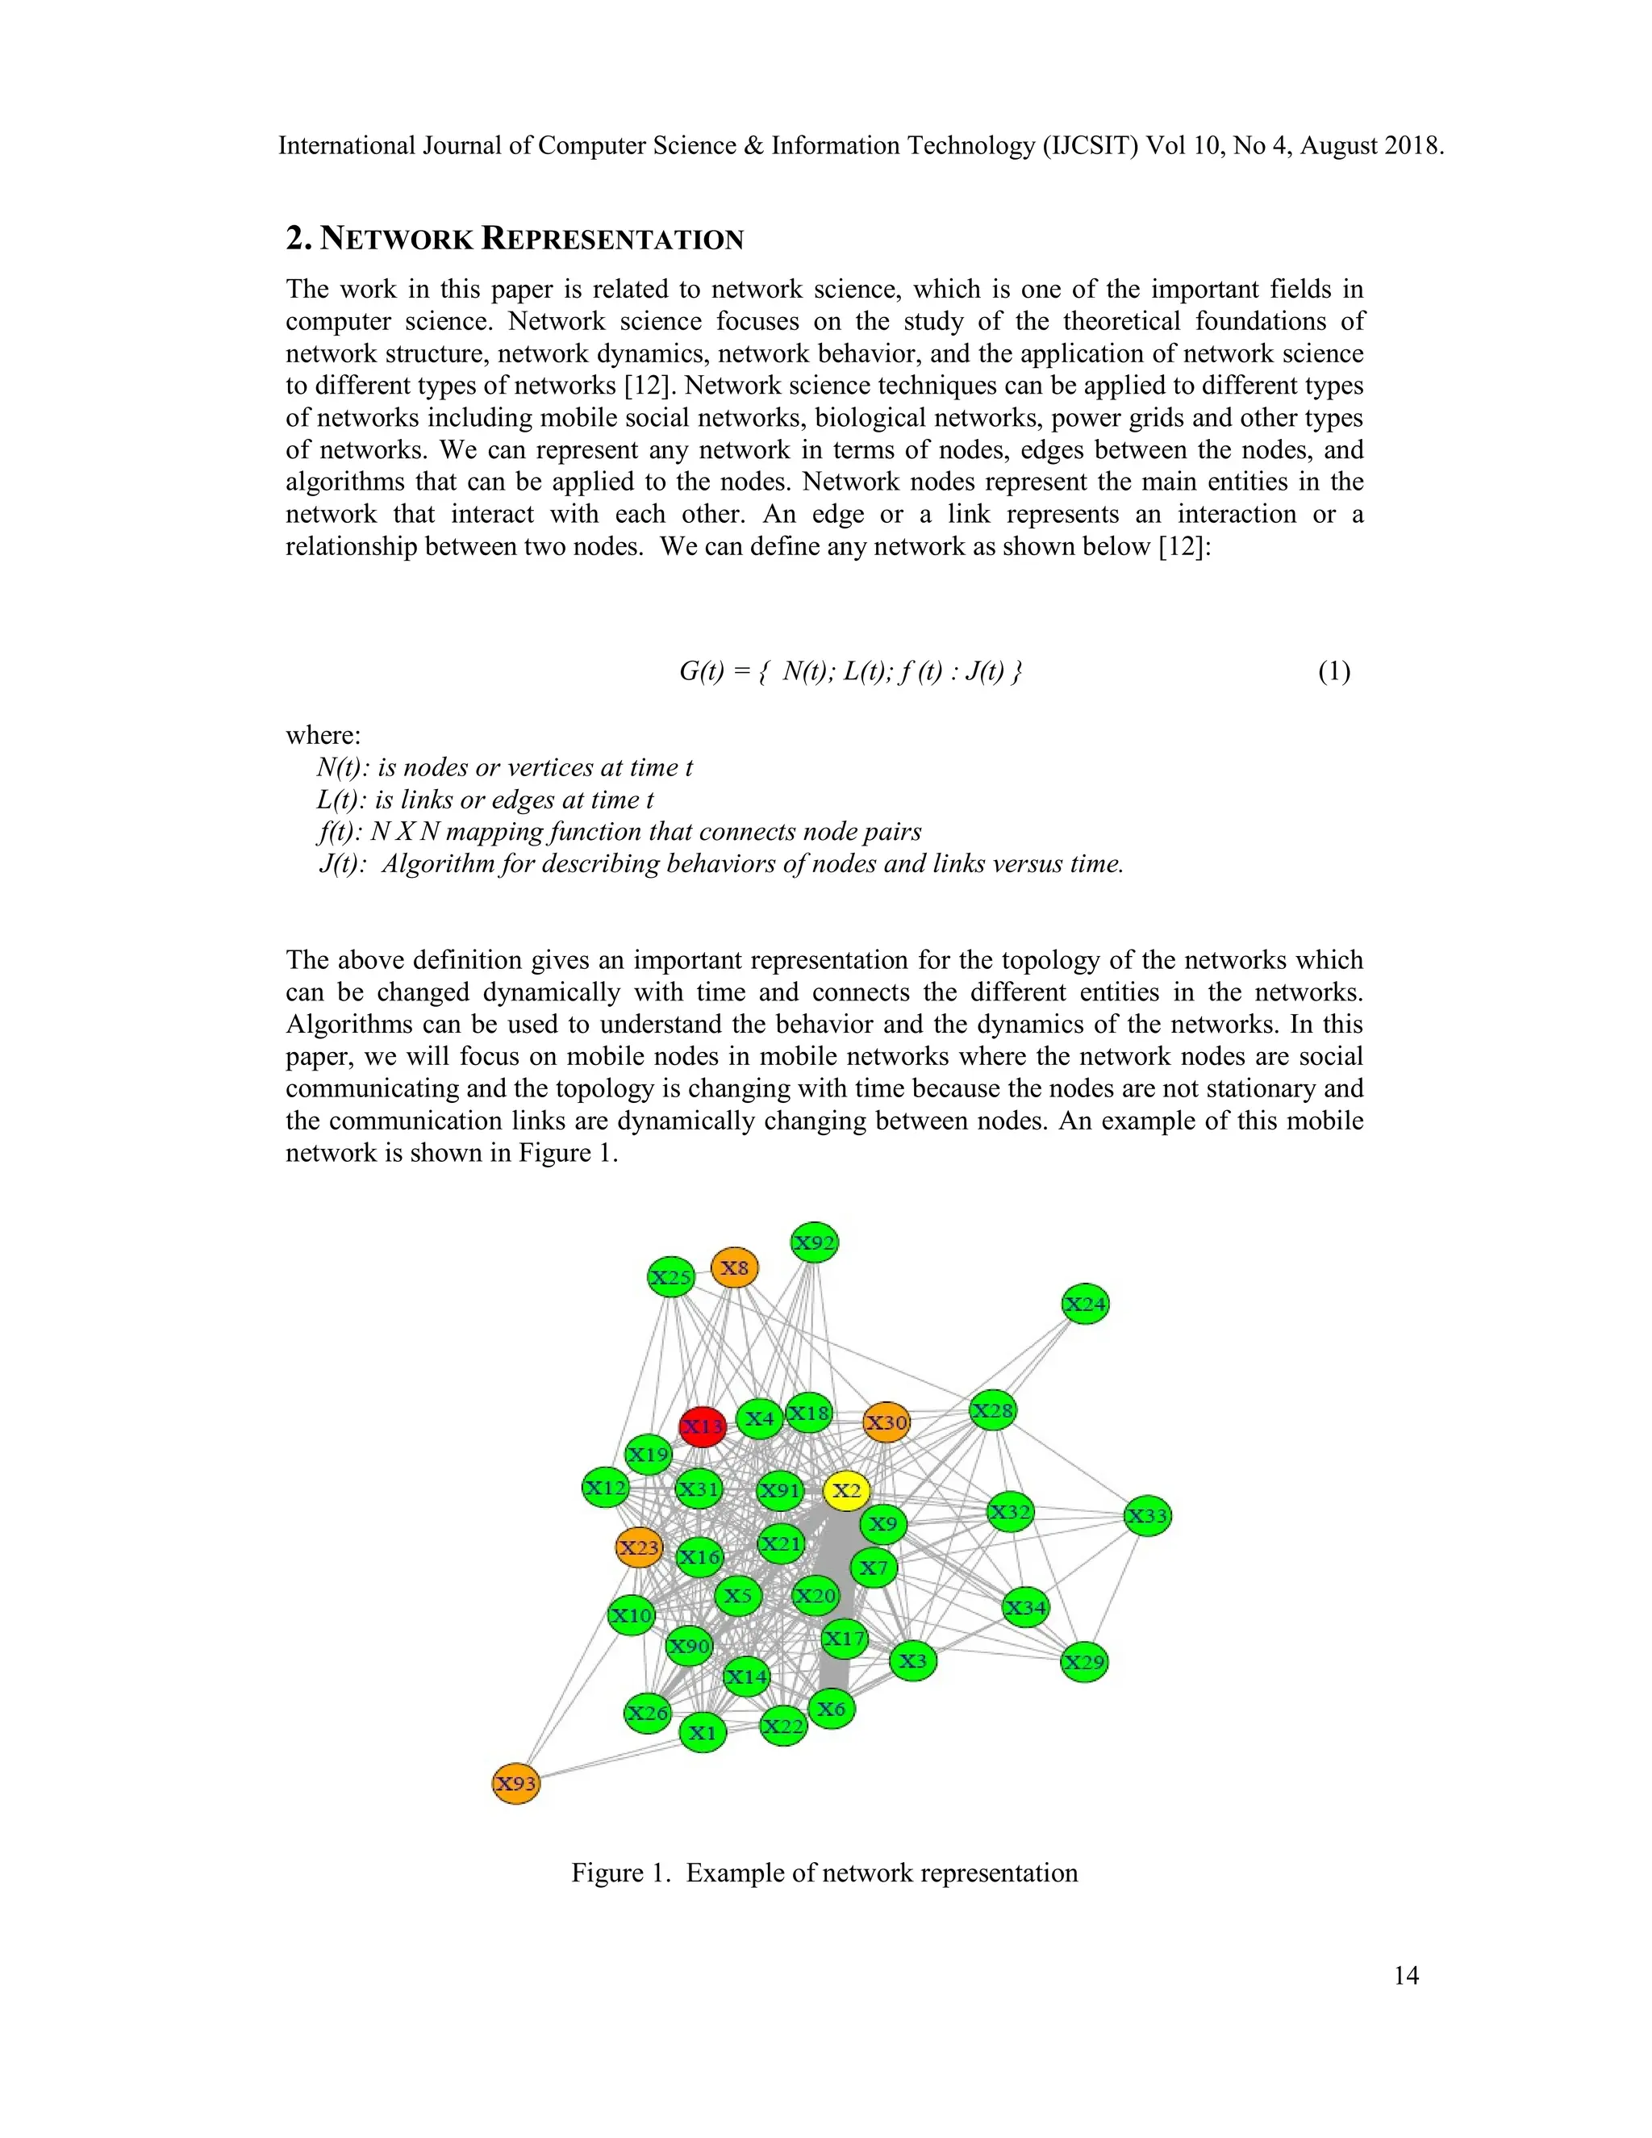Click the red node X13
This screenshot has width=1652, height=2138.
703,1426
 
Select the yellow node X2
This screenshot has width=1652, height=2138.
846,1490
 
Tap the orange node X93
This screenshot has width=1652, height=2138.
515,1783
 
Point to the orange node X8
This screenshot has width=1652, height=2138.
734,1267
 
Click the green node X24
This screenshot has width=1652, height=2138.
1086,1304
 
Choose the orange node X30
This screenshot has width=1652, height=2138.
886,1422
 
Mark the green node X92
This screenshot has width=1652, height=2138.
814,1243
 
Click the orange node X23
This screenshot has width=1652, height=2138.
639,1547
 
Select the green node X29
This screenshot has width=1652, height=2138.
1084,1661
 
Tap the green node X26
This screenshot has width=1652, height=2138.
648,1712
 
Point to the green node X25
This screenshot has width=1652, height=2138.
671,1276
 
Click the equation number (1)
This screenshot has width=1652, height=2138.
1334,671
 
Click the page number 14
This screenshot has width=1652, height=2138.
1405,1976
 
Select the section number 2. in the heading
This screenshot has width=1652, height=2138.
298,238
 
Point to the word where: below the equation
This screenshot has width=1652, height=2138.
323,735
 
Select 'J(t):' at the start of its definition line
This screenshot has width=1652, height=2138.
343,863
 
